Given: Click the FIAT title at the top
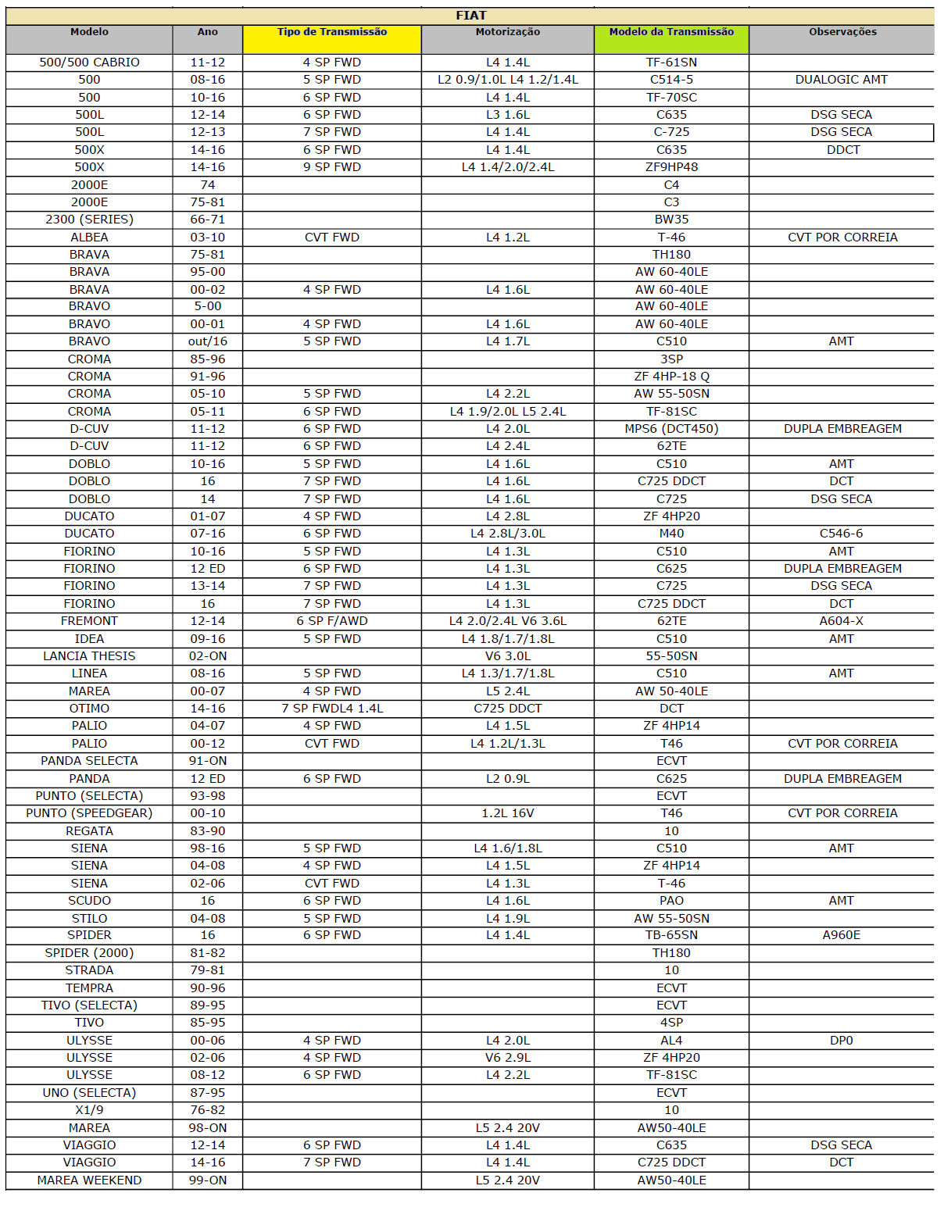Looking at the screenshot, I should click(x=470, y=16).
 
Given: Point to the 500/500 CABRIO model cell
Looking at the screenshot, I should click(x=89, y=62).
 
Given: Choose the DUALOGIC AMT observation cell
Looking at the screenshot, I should click(x=841, y=80).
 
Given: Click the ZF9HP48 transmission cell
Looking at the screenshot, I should click(x=671, y=167).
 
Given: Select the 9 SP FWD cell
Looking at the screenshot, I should click(x=332, y=167).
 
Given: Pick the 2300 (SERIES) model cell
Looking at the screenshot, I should click(x=89, y=220).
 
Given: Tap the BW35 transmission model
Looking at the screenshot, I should click(x=671, y=220).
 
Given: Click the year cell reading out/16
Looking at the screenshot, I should click(x=208, y=341).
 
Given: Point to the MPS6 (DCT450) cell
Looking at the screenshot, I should click(x=671, y=429).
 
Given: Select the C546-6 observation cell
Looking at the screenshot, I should click(x=841, y=534).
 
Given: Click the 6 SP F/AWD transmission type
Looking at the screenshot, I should click(x=332, y=621).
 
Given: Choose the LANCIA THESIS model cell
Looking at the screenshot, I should click(x=89, y=656).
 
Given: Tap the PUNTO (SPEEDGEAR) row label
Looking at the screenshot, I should click(x=89, y=813).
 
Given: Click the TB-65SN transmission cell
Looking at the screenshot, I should click(x=671, y=935).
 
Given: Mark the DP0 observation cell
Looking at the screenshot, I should click(x=841, y=1041).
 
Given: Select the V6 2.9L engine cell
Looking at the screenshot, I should click(x=508, y=1058).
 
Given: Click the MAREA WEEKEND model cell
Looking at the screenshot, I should click(x=89, y=1180).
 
